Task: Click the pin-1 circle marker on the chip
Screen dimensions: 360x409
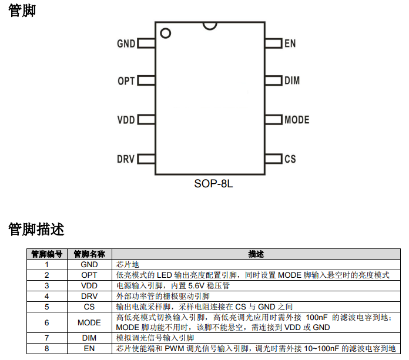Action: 165,33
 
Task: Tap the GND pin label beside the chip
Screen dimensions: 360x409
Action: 126,43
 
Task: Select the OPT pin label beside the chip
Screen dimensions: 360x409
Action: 126,82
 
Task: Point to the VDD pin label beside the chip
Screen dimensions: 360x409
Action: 126,120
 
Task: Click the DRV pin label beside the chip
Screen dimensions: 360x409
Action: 126,159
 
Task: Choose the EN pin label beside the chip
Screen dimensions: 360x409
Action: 290,43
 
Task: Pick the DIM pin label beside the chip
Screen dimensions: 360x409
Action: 292,81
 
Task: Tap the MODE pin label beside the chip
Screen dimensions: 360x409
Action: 297,120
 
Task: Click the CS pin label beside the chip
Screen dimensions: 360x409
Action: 290,159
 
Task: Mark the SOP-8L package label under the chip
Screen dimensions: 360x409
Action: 214,184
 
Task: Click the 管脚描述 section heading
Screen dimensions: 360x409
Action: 36,229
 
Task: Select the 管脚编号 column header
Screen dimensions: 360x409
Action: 47,254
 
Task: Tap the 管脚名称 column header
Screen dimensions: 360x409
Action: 89,254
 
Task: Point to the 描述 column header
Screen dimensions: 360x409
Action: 256,254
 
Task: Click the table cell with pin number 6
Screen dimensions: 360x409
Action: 47,322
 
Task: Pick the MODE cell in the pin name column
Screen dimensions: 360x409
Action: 89,322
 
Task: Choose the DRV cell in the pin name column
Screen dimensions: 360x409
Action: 89,296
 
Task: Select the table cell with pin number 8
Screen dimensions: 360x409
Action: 47,348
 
